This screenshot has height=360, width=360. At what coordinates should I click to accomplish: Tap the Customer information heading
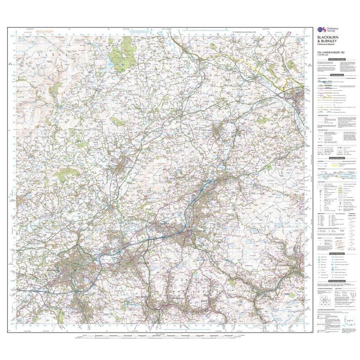point(336,59)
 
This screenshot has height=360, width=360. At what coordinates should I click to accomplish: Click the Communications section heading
point(336,75)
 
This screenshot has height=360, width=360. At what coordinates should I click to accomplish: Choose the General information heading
point(336,158)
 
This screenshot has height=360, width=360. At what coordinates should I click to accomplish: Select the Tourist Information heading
point(336,254)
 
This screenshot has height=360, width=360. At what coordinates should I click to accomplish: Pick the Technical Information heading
point(336,281)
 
